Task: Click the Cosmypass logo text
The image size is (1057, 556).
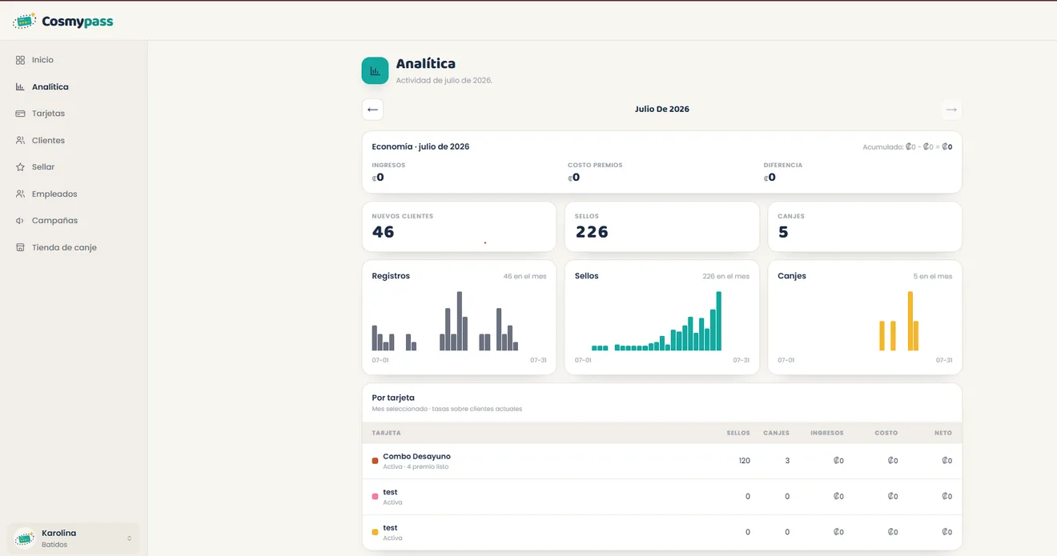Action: pos(78,22)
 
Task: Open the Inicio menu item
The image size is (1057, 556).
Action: pos(42,60)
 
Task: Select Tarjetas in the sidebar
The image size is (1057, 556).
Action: pos(48,113)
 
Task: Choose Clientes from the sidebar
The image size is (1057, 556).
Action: pos(48,140)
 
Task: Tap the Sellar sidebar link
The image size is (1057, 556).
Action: pos(43,167)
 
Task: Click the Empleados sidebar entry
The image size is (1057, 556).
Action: pos(54,194)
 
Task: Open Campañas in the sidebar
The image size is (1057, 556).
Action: pos(54,220)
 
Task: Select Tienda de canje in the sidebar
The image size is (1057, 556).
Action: pos(64,247)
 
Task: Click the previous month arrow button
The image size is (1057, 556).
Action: pos(372,110)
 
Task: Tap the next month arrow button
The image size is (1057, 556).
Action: pos(951,110)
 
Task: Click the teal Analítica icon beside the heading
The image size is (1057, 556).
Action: pos(375,70)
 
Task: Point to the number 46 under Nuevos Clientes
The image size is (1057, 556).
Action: pos(383,232)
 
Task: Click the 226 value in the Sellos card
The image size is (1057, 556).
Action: pos(592,232)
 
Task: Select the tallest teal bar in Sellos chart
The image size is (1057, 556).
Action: pos(718,321)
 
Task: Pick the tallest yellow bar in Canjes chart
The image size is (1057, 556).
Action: pos(910,321)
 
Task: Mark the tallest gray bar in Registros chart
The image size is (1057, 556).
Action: pos(459,321)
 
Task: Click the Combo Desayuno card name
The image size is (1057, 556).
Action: pos(416,456)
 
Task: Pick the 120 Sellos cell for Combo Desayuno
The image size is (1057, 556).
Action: pos(744,461)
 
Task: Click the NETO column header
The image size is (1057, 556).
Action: pos(942,433)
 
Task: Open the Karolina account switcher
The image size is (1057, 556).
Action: pos(73,538)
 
